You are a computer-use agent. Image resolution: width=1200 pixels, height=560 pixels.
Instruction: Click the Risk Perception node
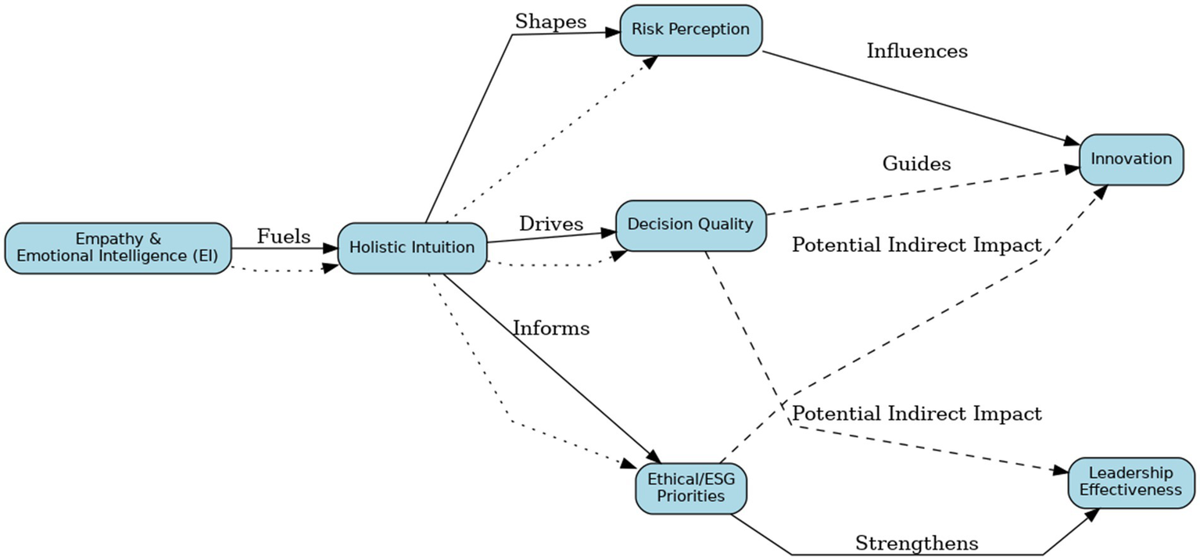pos(691,31)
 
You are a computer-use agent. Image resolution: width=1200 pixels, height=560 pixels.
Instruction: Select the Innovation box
pos(1130,160)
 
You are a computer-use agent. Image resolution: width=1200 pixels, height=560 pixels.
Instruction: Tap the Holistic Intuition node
pos(412,248)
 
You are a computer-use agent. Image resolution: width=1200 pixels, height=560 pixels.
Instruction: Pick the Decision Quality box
pos(690,225)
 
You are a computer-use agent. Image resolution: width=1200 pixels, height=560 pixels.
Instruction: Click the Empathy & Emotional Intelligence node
pos(118,248)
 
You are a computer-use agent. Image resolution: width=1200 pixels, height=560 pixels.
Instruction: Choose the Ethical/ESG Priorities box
pos(690,487)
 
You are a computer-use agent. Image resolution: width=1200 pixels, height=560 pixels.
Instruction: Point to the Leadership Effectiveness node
pos(1130,482)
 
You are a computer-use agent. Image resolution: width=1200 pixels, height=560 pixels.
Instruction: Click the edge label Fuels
pos(284,236)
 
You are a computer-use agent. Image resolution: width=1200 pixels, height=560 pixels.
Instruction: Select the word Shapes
pos(550,22)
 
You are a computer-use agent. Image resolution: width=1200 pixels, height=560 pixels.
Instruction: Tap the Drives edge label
pos(551,224)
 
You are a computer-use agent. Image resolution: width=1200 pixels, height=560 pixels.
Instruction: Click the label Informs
pos(551,328)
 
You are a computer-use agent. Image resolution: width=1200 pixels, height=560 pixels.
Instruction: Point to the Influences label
pos(917,52)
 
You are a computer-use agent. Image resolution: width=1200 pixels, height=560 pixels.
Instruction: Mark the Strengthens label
pos(916,543)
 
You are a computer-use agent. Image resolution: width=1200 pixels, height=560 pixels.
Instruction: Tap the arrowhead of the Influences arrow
pos(1070,142)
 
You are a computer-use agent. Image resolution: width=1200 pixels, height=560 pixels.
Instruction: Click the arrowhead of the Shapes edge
pos(611,32)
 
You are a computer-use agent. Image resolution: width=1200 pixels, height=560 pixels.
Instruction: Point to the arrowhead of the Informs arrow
pos(654,458)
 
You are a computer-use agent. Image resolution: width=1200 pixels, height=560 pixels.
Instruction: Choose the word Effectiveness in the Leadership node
pos(1130,490)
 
